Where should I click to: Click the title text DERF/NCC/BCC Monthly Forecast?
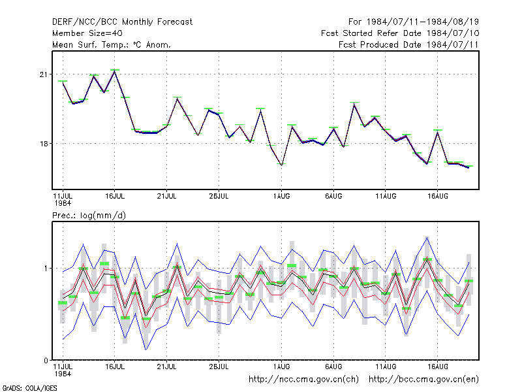point(122,22)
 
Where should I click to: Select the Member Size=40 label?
point(87,33)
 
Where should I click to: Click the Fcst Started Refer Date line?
point(400,33)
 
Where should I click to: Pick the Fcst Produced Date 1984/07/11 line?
point(408,44)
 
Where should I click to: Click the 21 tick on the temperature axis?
point(44,74)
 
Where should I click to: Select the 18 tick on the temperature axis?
point(44,144)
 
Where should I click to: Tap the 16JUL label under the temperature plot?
point(115,196)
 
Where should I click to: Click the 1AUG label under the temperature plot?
point(281,196)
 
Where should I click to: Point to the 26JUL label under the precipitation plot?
point(219,367)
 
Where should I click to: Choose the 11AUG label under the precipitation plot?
point(386,367)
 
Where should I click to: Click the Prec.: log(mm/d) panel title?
point(89,216)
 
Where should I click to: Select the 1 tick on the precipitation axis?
point(46,269)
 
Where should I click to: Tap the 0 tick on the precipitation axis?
point(46,361)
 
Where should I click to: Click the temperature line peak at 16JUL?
point(115,71)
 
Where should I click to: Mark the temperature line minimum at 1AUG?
point(281,165)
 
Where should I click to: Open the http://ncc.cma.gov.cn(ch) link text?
point(303,380)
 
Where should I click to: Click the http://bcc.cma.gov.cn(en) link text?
point(423,380)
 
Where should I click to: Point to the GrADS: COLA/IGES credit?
point(29,388)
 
